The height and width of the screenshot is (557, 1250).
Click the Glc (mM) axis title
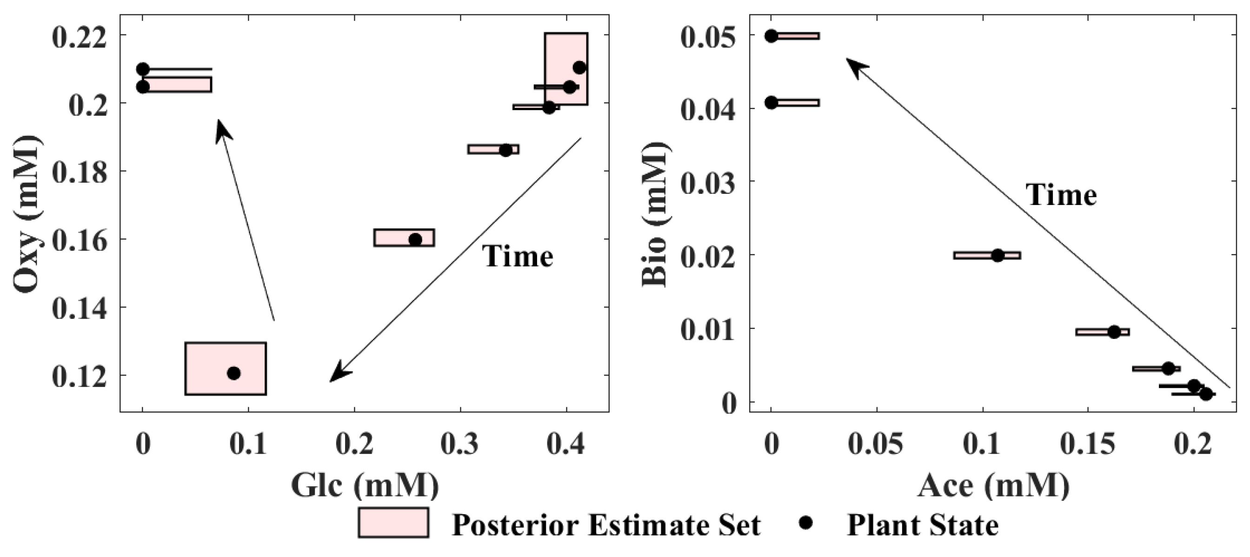pos(365,485)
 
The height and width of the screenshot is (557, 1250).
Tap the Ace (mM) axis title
pos(993,485)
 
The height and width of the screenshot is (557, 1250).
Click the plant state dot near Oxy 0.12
pos(234,373)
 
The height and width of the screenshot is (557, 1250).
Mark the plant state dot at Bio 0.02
pos(997,255)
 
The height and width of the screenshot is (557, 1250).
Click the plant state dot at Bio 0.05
pos(771,35)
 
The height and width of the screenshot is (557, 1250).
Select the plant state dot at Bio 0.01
pos(1114,332)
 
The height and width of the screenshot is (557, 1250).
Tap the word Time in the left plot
pos(517,257)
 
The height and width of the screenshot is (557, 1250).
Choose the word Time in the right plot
pos(1061,196)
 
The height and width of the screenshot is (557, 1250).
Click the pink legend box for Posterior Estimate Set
pos(393,523)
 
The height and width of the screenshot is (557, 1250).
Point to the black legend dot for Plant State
pos(806,523)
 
